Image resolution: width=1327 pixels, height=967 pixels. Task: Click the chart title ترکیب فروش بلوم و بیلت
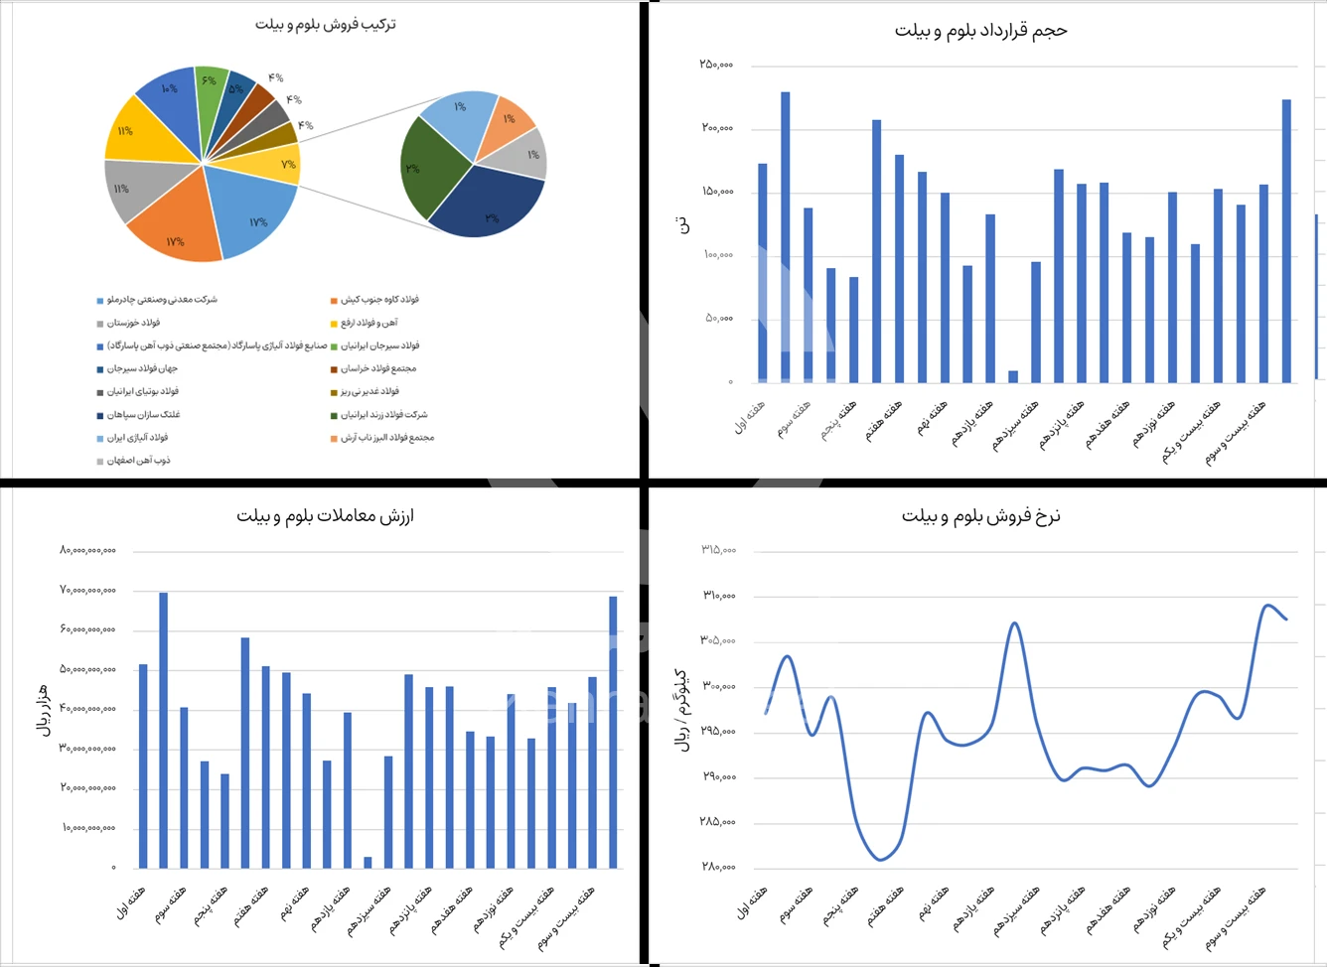(325, 24)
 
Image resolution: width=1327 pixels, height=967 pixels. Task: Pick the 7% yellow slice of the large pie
(279, 163)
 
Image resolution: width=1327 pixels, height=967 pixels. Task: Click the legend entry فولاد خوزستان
(133, 323)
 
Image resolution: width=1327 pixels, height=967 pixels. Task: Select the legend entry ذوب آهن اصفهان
(138, 461)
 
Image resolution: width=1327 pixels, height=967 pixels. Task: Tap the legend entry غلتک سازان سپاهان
(143, 415)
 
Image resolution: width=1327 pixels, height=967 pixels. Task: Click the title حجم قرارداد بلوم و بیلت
(980, 31)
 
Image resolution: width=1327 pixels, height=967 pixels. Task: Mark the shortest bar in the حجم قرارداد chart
(1013, 376)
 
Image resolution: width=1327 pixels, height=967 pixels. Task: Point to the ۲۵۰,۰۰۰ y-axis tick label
(716, 65)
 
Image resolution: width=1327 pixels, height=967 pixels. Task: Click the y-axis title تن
(683, 225)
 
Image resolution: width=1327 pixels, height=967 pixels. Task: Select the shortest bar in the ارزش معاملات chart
(368, 862)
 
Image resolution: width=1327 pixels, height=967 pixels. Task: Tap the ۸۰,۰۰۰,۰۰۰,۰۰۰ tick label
(87, 550)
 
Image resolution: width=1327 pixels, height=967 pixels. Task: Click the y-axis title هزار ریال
(43, 709)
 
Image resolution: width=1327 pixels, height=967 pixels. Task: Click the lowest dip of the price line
(881, 860)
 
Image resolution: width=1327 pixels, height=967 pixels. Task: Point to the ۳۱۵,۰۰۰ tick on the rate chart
(718, 550)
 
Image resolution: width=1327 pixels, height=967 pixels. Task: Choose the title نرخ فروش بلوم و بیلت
(980, 516)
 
